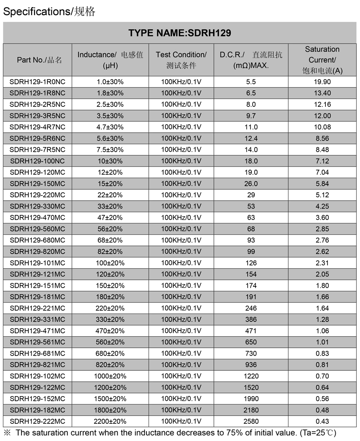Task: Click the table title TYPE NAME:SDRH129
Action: pyautogui.click(x=180, y=33)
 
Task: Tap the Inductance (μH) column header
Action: pyautogui.click(x=110, y=60)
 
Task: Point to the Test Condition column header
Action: pyautogui.click(x=181, y=60)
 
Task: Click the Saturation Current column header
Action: pyautogui.click(x=322, y=60)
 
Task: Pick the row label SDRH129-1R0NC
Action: pyautogui.click(x=37, y=82)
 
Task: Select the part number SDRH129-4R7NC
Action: pyautogui.click(x=37, y=127)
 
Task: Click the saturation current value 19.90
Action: pyautogui.click(x=322, y=82)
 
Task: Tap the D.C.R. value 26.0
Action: pyautogui.click(x=251, y=184)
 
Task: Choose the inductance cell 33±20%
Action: pyautogui.click(x=110, y=206)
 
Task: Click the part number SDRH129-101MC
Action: pyautogui.click(x=37, y=263)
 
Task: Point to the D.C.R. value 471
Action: pyautogui.click(x=251, y=331)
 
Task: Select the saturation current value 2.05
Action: pyautogui.click(x=322, y=274)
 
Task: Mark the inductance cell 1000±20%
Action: pyautogui.click(x=110, y=376)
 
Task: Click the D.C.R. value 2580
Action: pyautogui.click(x=251, y=421)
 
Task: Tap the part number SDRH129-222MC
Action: pyautogui.click(x=37, y=421)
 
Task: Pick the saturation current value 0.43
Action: pyautogui.click(x=322, y=421)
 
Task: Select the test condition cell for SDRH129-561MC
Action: pyautogui.click(x=181, y=342)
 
